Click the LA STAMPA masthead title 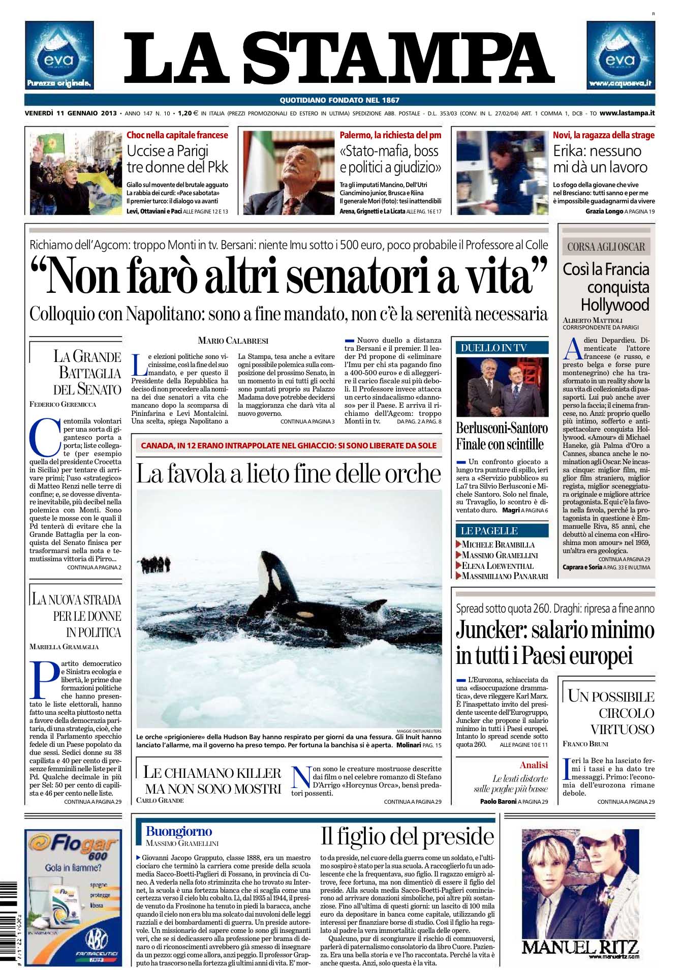339,59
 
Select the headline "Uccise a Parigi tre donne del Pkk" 177,159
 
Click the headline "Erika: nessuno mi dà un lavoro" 600,159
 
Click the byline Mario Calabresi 233,341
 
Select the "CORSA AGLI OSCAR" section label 606,247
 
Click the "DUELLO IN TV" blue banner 502,348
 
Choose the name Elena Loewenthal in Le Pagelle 498,565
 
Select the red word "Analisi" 534,765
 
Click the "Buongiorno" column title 179,831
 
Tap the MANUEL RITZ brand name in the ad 580,946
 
